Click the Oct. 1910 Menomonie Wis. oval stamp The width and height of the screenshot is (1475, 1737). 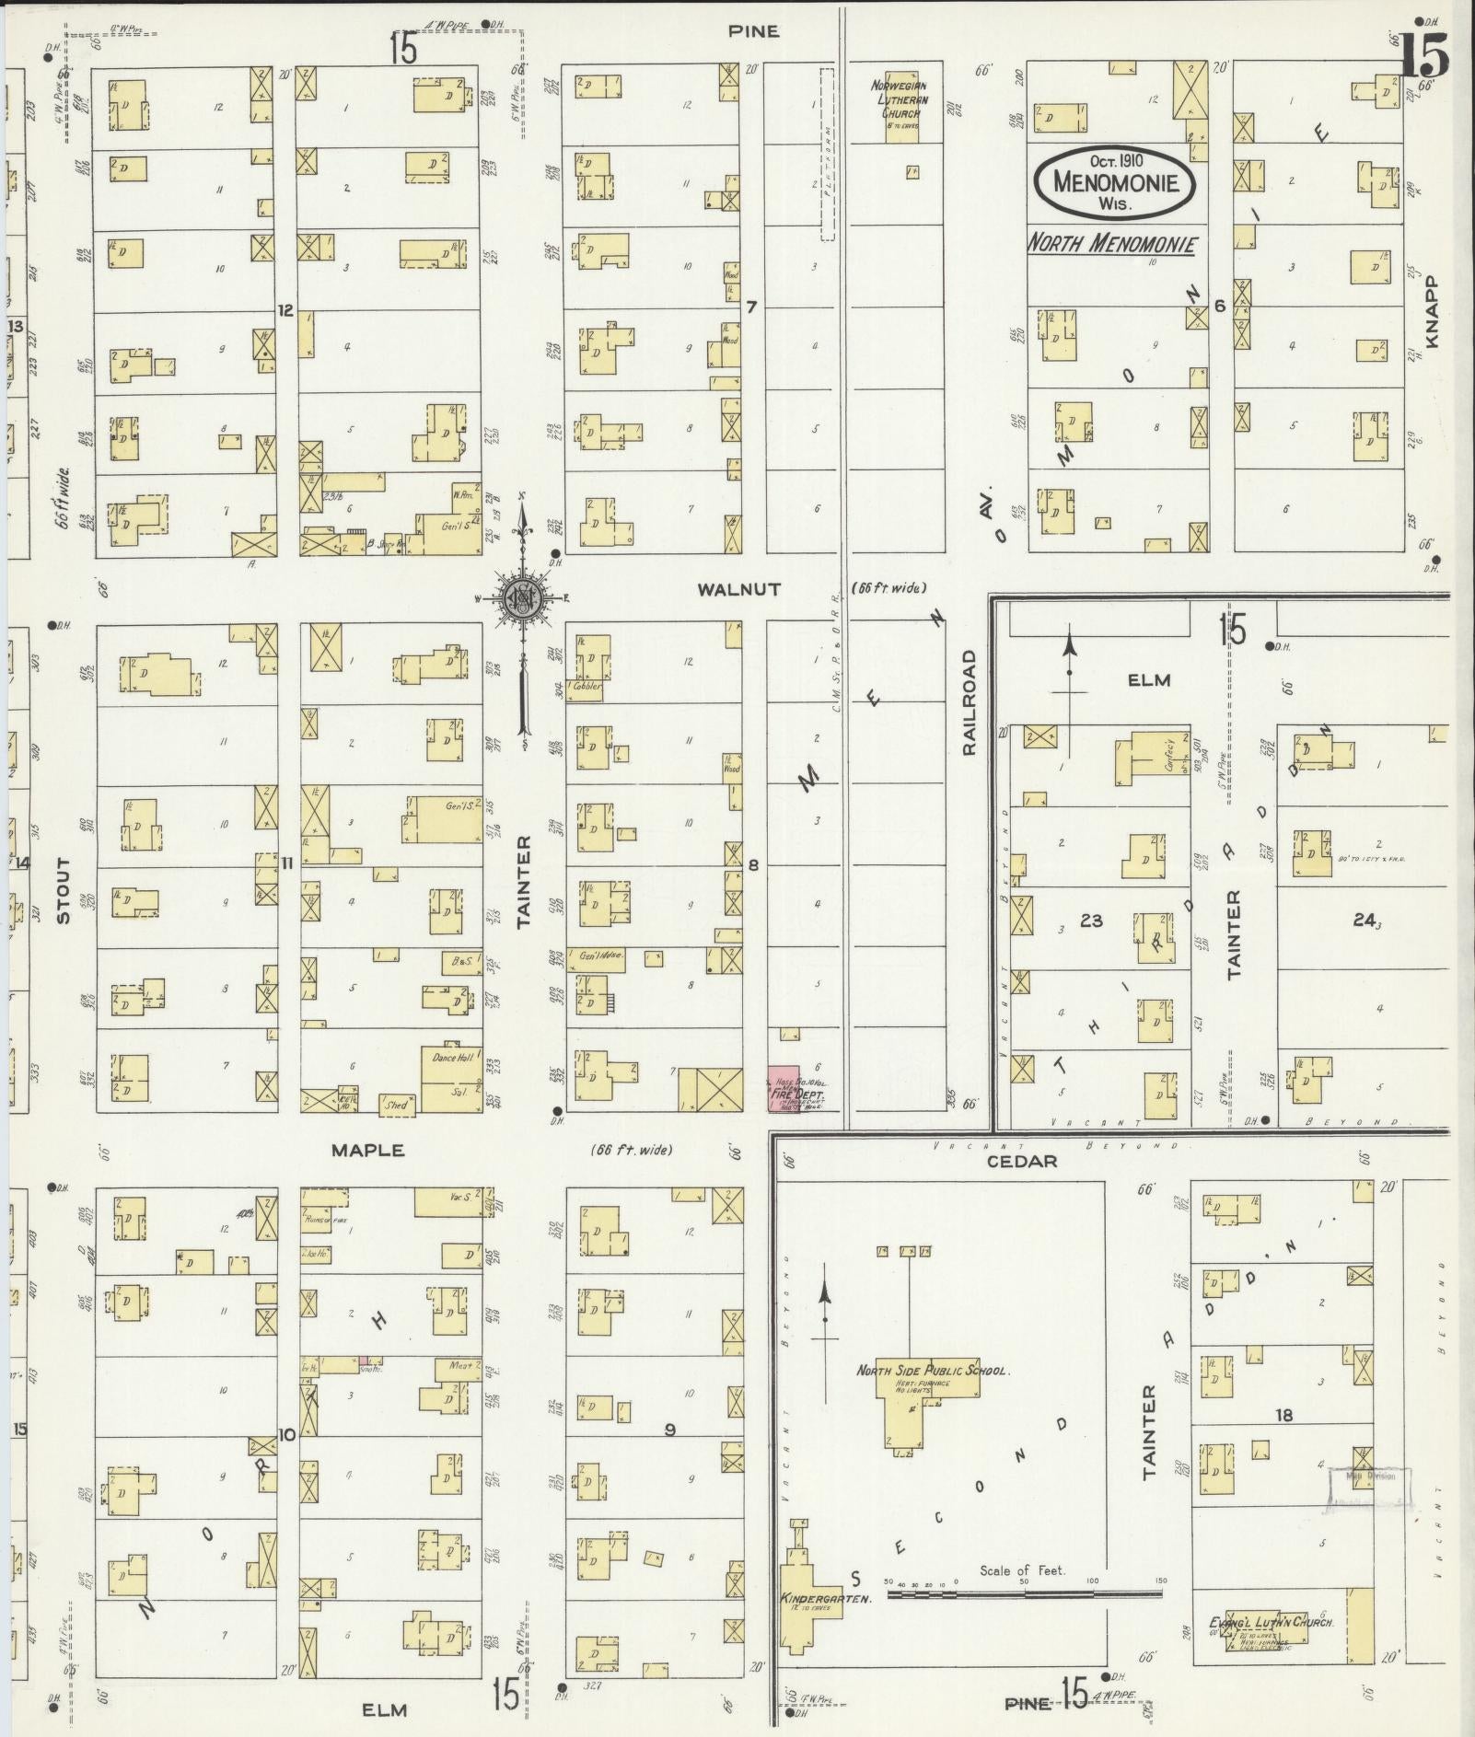point(1115,181)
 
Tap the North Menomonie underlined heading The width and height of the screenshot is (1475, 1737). point(1111,244)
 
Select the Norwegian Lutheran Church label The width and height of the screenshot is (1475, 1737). point(900,99)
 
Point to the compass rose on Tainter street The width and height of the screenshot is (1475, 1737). point(522,599)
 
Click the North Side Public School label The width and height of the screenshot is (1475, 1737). point(932,1371)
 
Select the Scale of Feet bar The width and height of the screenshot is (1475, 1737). point(1024,1590)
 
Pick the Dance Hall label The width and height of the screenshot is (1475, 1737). point(451,1059)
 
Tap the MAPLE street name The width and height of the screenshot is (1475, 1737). point(368,1150)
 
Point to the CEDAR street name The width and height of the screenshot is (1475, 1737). point(1022,1162)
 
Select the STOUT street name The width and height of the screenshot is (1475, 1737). point(63,890)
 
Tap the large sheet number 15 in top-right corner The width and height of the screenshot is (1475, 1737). point(1423,55)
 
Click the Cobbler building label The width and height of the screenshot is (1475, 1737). point(586,686)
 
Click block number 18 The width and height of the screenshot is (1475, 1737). point(1283,1415)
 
